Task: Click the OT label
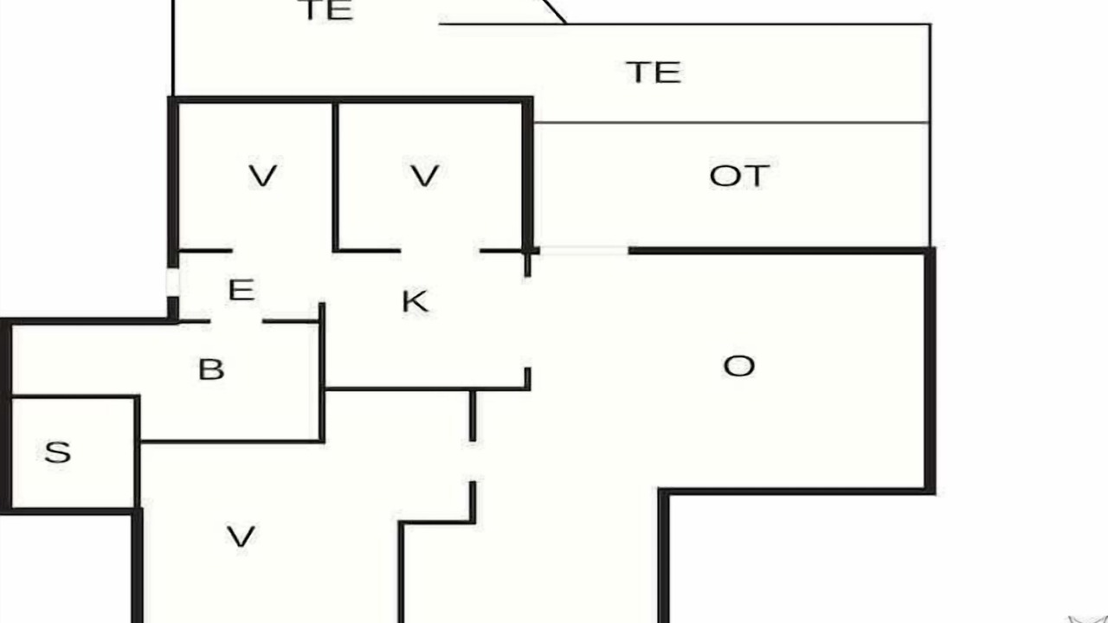739,176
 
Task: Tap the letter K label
415,301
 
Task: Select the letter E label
242,290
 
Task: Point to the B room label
211,369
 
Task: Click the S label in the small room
58,452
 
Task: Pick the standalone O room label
739,366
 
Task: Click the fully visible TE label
654,72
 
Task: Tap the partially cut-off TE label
327,10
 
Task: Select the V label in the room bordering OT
425,176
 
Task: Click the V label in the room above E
262,176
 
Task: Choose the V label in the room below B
241,536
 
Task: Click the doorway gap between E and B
236,321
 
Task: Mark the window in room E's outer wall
172,282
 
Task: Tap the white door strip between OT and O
584,251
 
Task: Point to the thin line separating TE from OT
731,122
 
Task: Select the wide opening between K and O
527,322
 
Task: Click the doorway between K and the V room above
441,251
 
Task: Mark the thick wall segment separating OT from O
779,251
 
